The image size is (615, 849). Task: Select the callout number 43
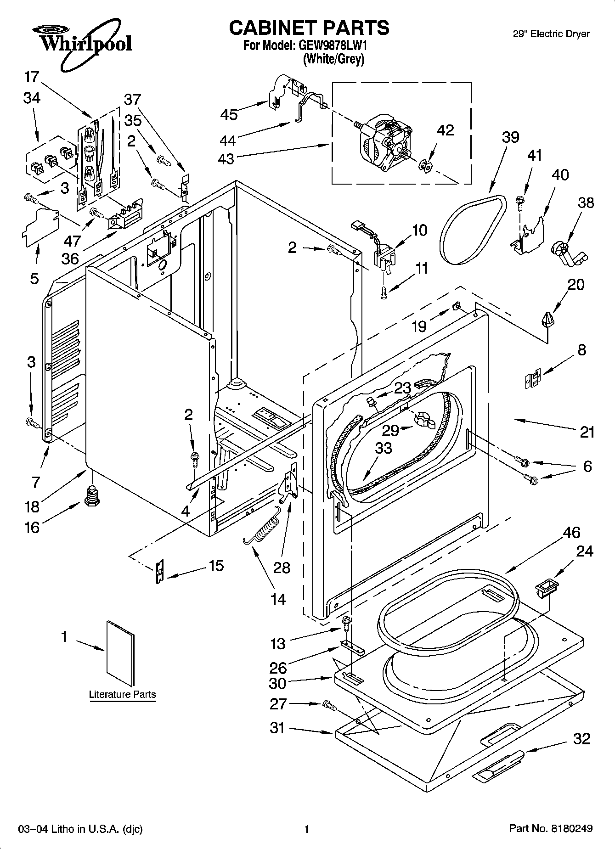226,159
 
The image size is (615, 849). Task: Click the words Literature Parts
122,694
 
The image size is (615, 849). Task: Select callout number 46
571,533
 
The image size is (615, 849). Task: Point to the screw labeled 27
330,705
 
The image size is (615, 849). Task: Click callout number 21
587,432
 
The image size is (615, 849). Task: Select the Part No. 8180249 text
551,829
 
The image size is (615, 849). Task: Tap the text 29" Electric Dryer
551,34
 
